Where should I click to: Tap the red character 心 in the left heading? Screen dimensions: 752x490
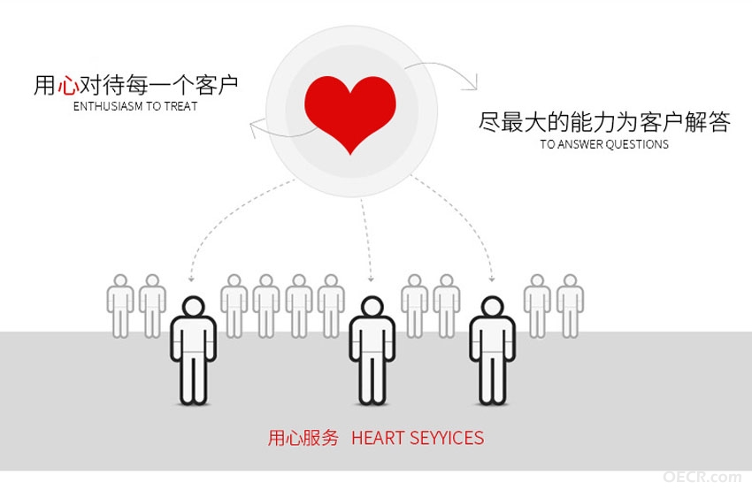point(67,85)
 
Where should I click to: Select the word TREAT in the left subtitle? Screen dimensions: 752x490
point(180,106)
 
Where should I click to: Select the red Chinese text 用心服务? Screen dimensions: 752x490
point(303,438)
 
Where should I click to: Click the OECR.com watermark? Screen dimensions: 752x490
point(702,477)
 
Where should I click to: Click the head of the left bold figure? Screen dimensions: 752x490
point(193,306)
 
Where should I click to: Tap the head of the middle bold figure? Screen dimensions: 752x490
point(372,306)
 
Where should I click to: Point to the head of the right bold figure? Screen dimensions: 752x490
point(493,306)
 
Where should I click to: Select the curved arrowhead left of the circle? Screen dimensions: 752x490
point(254,128)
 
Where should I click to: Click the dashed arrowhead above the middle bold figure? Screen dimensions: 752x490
point(371,279)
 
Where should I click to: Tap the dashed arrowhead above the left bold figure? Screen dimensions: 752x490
point(191,278)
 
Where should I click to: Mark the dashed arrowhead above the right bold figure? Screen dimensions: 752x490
point(492,279)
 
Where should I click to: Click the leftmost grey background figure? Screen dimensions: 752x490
point(120,306)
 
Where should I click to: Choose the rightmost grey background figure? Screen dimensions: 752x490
point(570,306)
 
